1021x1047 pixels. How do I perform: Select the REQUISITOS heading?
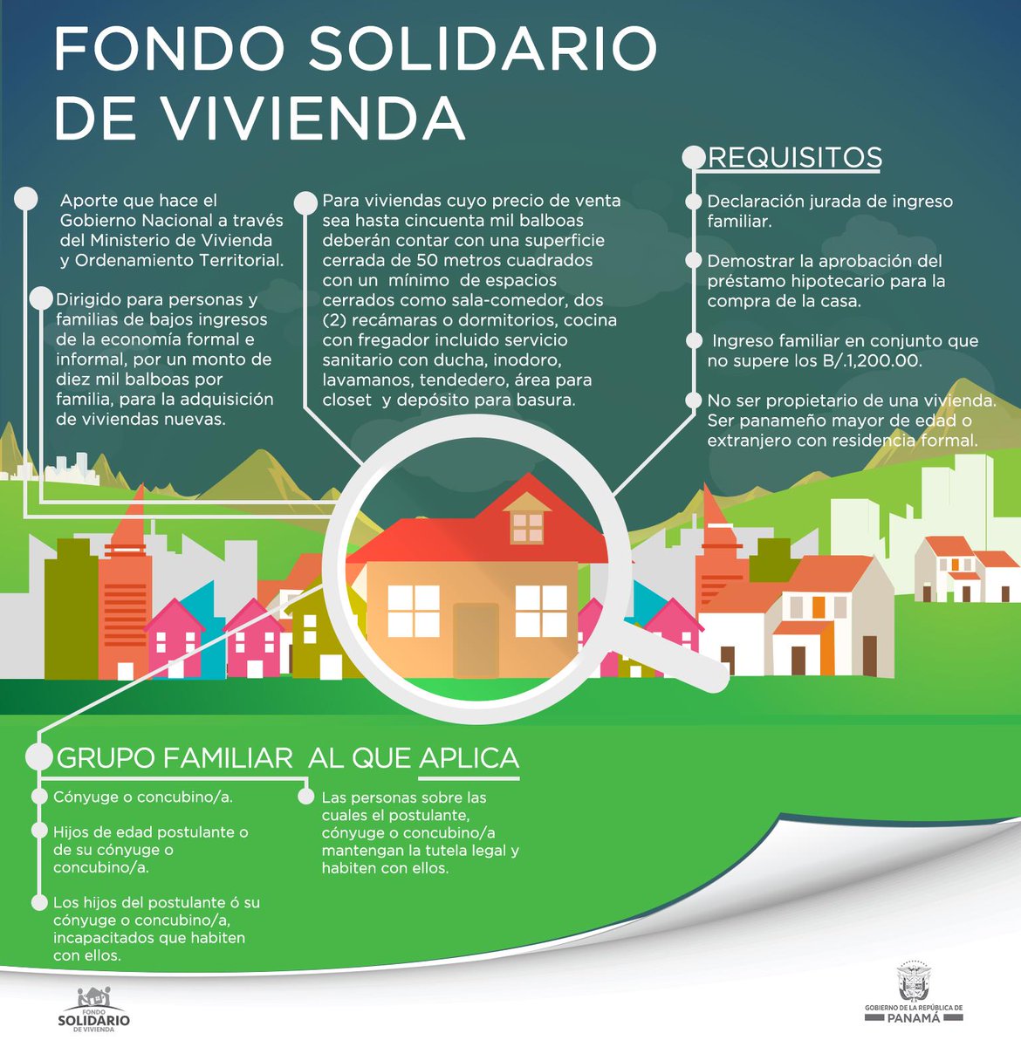tap(794, 158)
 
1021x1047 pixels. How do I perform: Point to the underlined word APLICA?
tap(469, 758)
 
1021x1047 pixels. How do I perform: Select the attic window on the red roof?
tap(527, 526)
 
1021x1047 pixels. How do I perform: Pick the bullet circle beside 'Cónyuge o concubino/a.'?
tap(39, 797)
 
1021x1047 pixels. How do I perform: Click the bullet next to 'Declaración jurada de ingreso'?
tap(694, 202)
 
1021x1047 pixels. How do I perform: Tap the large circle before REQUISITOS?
tap(694, 158)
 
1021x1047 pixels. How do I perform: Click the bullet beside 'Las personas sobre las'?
tap(306, 797)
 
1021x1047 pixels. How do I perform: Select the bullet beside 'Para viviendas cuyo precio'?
tap(305, 203)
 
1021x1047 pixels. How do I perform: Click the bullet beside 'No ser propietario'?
tap(694, 400)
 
